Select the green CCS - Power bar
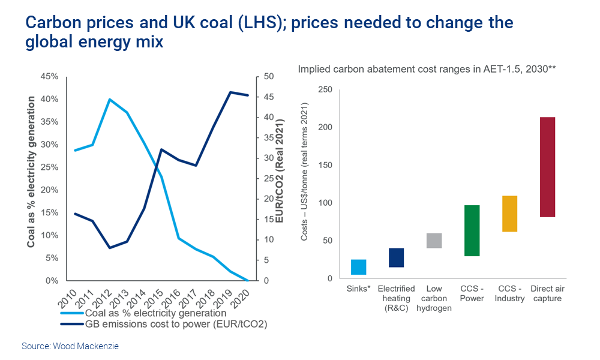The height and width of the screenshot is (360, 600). (472, 230)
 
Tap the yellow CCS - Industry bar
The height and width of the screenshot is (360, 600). (509, 214)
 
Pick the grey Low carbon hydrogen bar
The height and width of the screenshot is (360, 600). (434, 241)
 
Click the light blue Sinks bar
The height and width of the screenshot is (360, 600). (359, 267)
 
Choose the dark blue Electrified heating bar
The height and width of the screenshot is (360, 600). (396, 257)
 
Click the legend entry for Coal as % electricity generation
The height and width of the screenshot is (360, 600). (143, 313)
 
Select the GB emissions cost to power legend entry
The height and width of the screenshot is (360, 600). (162, 325)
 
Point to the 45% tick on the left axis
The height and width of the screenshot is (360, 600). (49, 76)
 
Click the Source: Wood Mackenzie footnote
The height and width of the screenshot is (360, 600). (70, 346)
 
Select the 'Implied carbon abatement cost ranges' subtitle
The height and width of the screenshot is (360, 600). (427, 69)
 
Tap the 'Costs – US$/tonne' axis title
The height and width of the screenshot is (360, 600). (304, 183)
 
